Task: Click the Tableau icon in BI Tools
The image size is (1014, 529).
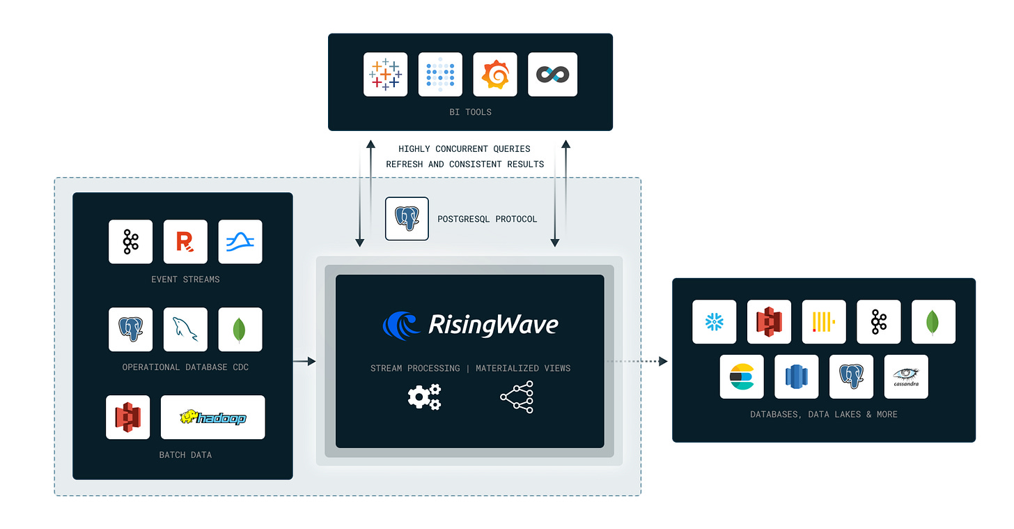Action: pos(385,75)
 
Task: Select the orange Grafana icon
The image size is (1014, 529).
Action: pos(495,75)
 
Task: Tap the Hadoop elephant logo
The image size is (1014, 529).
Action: pos(212,417)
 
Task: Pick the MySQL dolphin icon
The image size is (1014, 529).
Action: pos(185,329)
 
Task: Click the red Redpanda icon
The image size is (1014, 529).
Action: pos(185,242)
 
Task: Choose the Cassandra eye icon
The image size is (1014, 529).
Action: pos(906,377)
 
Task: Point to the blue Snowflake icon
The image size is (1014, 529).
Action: pos(714,322)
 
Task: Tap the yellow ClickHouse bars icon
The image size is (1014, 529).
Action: pos(824,322)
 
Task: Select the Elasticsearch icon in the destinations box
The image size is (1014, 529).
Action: pos(742,377)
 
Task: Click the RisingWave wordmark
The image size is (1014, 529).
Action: pos(492,325)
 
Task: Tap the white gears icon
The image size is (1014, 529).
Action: pos(424,397)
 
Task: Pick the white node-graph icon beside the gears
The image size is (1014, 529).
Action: pos(517,397)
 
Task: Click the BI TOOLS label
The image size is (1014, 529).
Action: pos(469,112)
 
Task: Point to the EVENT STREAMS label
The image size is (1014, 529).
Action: pos(185,279)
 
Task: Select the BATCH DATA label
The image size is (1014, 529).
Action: pos(185,455)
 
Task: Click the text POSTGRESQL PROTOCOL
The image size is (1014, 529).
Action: pos(487,219)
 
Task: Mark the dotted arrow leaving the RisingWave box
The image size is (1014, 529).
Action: pos(636,361)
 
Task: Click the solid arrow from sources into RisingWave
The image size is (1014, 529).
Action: pos(304,361)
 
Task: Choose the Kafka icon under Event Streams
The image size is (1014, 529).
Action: pos(130,242)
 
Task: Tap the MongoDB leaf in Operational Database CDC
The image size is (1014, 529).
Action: pos(240,329)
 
